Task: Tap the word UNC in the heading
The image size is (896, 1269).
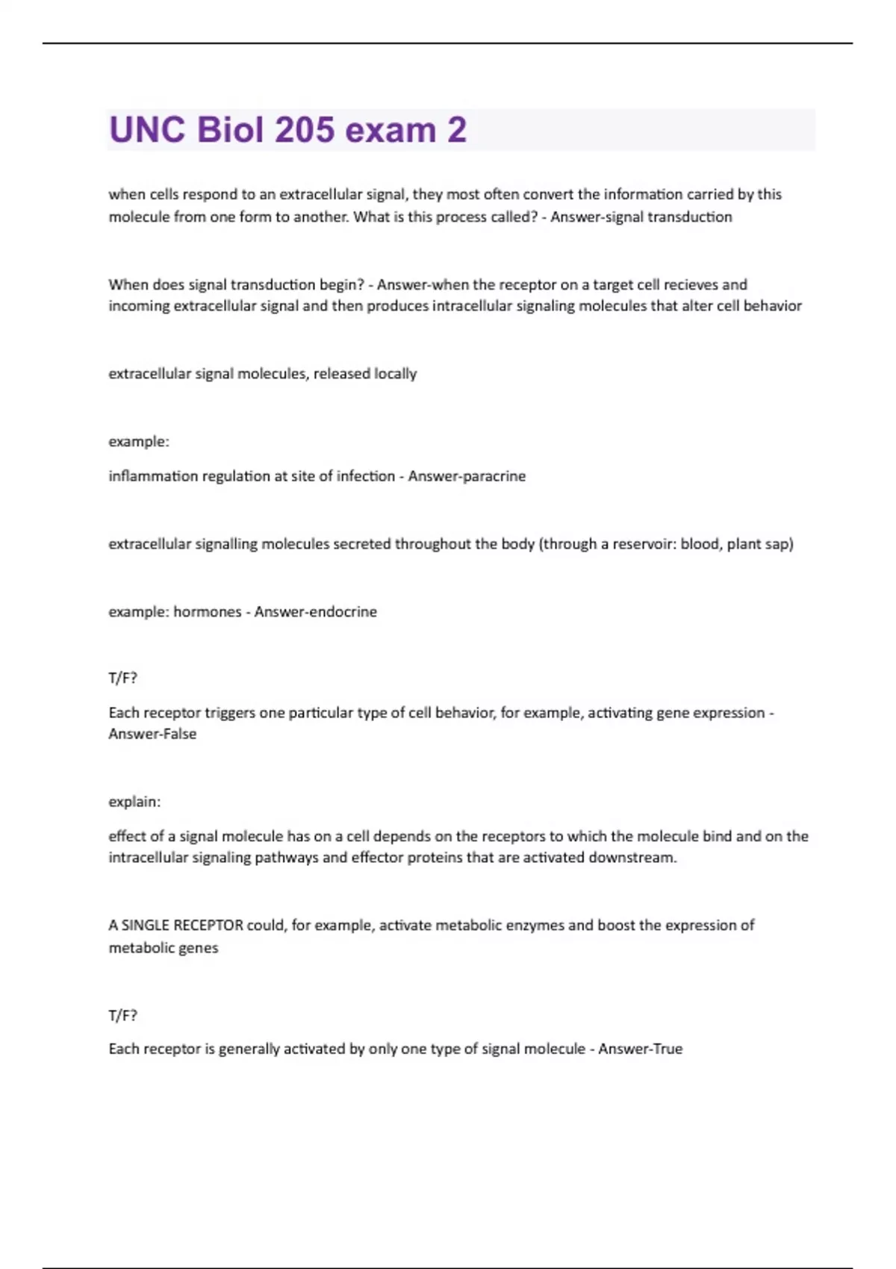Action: pyautogui.click(x=147, y=130)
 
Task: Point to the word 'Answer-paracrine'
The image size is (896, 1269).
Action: pyautogui.click(x=467, y=476)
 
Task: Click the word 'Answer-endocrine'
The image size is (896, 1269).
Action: pyautogui.click(x=315, y=612)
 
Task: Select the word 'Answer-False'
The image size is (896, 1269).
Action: pyautogui.click(x=152, y=734)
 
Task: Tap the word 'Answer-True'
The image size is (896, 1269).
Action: pyautogui.click(x=640, y=1049)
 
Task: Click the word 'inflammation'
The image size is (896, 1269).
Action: pyautogui.click(x=152, y=476)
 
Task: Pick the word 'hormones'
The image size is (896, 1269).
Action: pyautogui.click(x=208, y=612)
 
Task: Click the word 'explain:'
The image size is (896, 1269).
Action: pyautogui.click(x=134, y=802)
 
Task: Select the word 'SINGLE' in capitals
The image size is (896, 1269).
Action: pyautogui.click(x=145, y=926)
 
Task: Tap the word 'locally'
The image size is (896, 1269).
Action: pyautogui.click(x=395, y=373)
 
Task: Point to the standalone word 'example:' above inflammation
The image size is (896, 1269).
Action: pyautogui.click(x=139, y=442)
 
